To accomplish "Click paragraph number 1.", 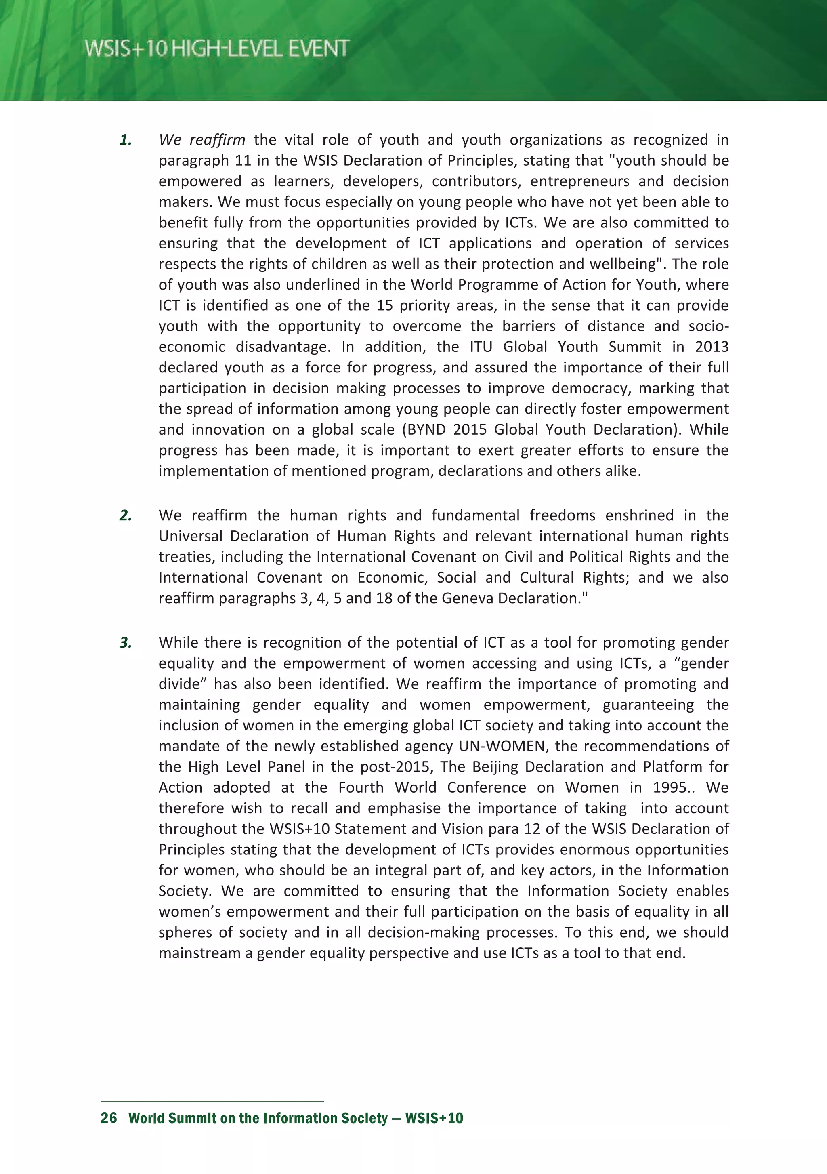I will (x=125, y=140).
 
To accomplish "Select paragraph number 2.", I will (x=125, y=515).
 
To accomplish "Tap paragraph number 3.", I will (x=125, y=643).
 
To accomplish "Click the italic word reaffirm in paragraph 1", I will (x=217, y=140).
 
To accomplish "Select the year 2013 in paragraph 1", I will (x=712, y=347).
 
